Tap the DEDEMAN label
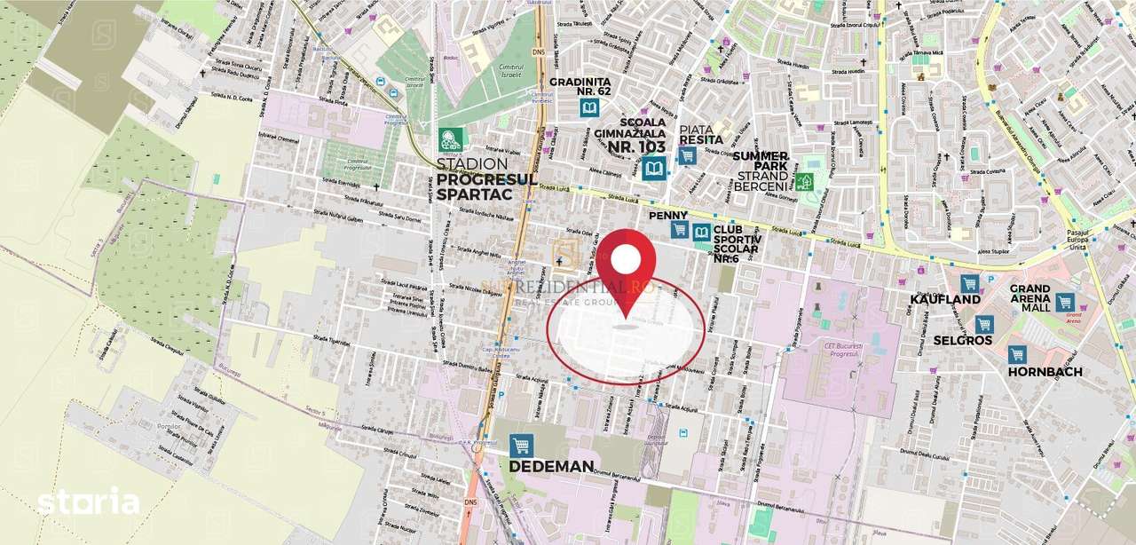550,466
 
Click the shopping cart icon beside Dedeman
521,445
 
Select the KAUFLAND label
944,300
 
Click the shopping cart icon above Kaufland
969,283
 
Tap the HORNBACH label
1045,372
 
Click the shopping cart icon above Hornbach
1017,354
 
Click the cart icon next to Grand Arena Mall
1065,302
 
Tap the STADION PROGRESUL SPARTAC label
486,179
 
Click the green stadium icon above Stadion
451,139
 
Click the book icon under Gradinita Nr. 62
588,108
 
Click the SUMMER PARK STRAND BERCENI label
760,170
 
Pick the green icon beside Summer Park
805,182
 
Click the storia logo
88,502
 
